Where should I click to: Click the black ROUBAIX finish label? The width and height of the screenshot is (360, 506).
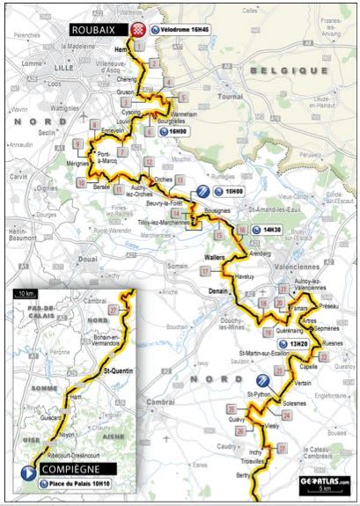coord(94,29)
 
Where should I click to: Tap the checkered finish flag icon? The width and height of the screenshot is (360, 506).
coord(137,29)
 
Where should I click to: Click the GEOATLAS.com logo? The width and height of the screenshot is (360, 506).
coord(324,482)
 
